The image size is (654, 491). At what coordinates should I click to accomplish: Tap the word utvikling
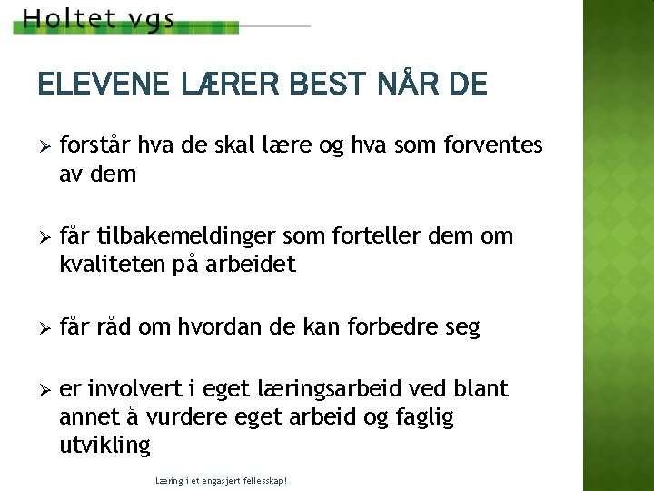coord(104,445)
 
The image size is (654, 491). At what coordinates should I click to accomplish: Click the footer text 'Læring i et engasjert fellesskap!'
coord(222,479)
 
